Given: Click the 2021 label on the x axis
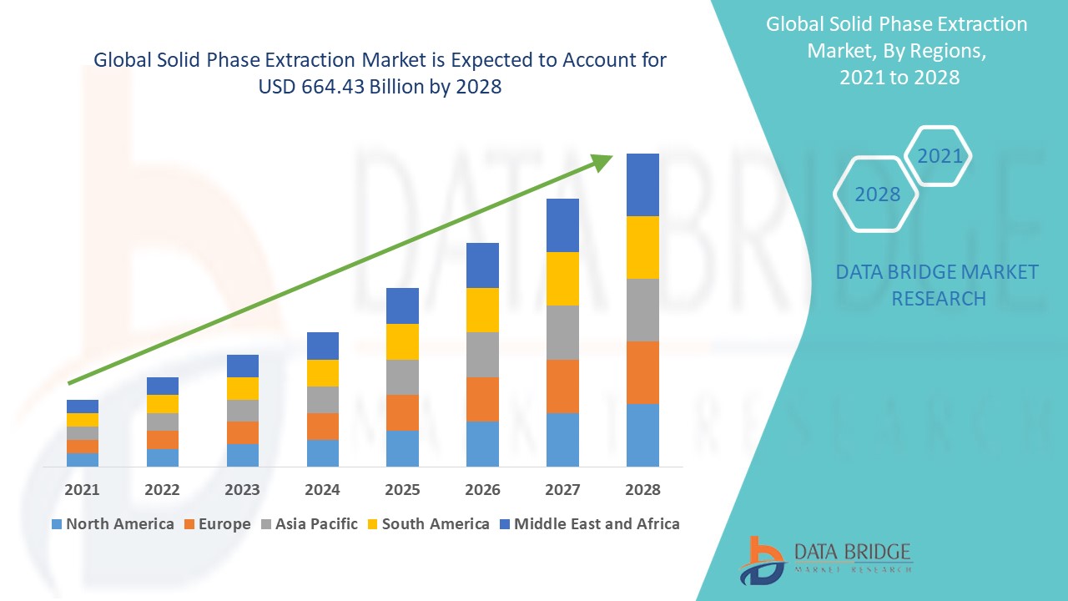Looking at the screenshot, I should click(82, 489).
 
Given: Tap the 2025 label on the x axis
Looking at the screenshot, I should click(402, 489).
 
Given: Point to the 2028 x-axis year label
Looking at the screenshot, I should click(642, 489).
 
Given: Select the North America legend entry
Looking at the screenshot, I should click(113, 524).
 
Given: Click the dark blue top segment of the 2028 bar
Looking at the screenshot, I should click(642, 184).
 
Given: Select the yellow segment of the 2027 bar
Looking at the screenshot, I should click(562, 278).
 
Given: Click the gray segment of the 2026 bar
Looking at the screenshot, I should click(482, 355).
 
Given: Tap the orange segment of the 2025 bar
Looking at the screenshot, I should click(402, 412).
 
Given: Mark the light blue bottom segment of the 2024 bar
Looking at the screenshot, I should click(322, 452).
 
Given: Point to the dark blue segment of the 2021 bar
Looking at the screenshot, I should click(82, 406).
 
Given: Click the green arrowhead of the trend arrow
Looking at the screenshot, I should click(602, 161).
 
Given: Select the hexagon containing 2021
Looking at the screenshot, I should click(939, 156).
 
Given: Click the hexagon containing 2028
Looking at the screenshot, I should click(877, 194).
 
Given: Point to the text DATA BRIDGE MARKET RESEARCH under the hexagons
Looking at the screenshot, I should click(938, 285).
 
